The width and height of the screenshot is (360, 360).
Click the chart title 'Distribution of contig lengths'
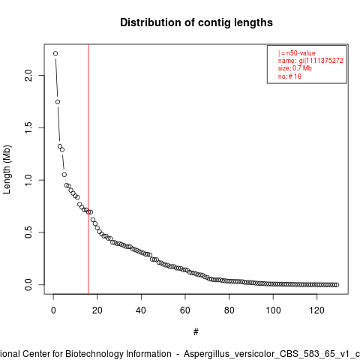pos(196,22)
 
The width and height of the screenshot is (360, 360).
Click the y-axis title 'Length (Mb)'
pos(7,169)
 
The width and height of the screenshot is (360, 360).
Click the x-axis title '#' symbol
pos(196,331)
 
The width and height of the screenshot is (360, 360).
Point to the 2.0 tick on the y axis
pos(28,75)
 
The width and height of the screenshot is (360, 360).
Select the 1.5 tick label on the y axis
pos(28,127)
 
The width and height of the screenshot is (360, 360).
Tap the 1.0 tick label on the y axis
pos(28,180)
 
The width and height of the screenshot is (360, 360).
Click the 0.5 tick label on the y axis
pos(28,232)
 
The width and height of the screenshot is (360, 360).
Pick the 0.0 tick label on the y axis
pos(28,284)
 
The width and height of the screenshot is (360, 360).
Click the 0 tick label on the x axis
pos(53,310)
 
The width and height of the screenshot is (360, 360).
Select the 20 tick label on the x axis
pos(97,310)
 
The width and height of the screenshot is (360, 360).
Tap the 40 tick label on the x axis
pos(141,310)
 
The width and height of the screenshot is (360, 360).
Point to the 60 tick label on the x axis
pos(185,310)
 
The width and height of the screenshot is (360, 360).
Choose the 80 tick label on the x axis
pos(229,310)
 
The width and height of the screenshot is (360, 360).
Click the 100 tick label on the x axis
pos(273,310)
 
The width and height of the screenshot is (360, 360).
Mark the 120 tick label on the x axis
pos(316,310)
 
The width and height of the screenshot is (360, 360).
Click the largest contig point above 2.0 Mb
pos(55,53)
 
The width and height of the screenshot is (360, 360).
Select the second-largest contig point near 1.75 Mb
pos(58,102)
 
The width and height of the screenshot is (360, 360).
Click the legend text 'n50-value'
pos(301,53)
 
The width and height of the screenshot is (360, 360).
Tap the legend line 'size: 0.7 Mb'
pos(295,68)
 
